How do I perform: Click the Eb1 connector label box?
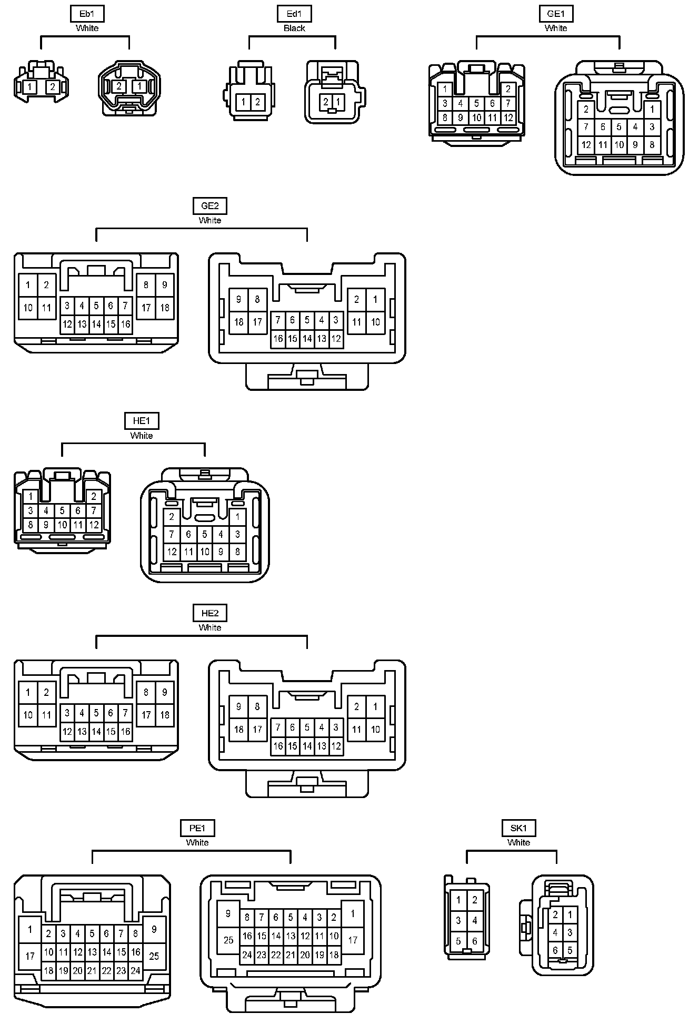(87, 14)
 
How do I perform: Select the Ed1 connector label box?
(294, 14)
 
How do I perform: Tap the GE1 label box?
(556, 14)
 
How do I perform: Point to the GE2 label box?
(209, 206)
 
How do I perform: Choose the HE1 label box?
(142, 421)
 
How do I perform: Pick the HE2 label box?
(209, 613)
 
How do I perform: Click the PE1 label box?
(197, 828)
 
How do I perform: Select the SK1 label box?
(518, 828)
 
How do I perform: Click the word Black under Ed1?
(294, 28)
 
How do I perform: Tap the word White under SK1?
(518, 842)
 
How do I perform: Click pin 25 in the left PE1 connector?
(154, 956)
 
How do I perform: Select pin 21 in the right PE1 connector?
(291, 955)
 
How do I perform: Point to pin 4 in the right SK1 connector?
(555, 932)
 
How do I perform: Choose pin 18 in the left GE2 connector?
(165, 308)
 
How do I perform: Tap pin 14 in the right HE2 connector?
(307, 746)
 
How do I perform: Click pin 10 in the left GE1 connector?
(476, 118)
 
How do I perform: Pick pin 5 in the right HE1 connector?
(205, 535)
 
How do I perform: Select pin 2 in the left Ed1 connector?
(257, 102)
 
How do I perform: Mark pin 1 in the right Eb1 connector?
(139, 86)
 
